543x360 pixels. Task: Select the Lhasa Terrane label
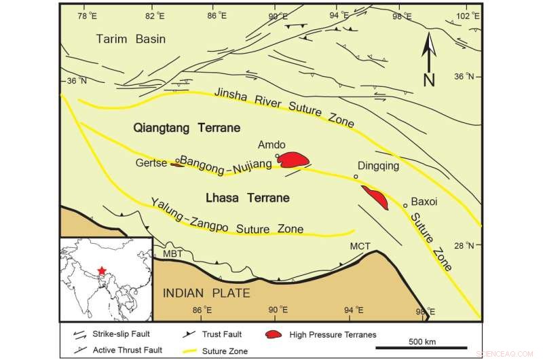(x=246, y=198)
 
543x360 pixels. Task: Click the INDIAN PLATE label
(x=206, y=293)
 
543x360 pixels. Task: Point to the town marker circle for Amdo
(x=277, y=156)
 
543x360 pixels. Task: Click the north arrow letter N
(x=429, y=79)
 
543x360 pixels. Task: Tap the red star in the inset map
(x=102, y=271)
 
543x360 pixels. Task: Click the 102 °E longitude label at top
(x=464, y=14)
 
